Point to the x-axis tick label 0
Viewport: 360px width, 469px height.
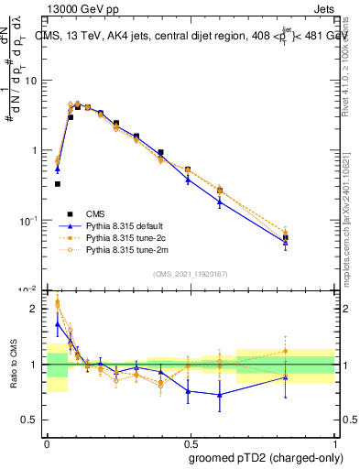click(x=47, y=441)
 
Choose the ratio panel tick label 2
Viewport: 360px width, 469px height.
click(x=35, y=309)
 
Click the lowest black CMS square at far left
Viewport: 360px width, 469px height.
click(x=58, y=184)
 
